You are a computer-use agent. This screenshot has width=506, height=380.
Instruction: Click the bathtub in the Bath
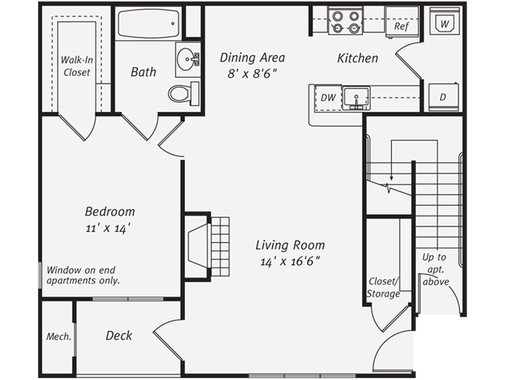148,23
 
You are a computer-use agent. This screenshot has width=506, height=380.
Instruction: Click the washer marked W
444,24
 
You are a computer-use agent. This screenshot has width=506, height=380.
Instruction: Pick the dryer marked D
443,97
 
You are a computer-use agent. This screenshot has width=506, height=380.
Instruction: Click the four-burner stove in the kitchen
345,22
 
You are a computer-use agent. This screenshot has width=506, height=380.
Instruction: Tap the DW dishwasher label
328,98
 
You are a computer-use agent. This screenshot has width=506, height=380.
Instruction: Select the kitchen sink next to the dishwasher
356,97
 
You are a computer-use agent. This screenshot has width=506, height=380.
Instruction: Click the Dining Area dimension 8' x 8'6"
252,73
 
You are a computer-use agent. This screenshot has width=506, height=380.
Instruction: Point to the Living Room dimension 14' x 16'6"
290,262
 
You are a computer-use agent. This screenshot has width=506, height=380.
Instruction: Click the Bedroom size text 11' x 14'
108,228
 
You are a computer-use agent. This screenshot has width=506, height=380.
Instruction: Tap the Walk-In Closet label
77,66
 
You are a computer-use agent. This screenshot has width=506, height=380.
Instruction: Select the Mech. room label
59,337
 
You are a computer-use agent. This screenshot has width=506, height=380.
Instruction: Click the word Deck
119,336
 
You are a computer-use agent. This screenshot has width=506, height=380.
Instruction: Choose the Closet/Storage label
383,288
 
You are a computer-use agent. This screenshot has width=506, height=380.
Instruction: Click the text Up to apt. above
435,269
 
